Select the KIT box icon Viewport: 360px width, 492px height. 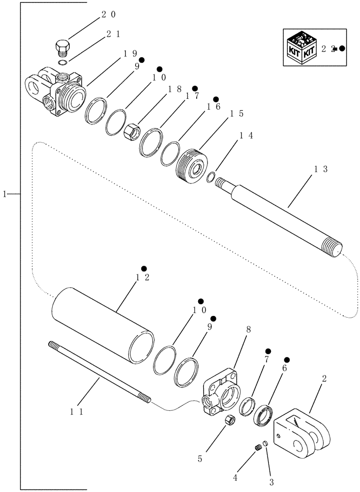300,48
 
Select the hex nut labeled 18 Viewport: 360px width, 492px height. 131,131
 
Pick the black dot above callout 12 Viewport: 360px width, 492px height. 144,268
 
